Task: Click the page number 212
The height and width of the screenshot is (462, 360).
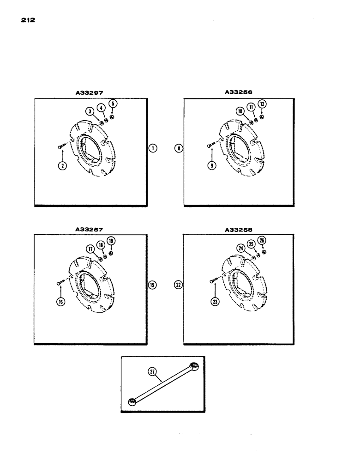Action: pyautogui.click(x=29, y=21)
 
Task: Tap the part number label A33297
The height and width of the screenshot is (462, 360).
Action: pyautogui.click(x=90, y=92)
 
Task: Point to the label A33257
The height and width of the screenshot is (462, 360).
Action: pyautogui.click(x=90, y=229)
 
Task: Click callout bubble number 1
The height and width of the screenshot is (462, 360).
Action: pyautogui.click(x=153, y=148)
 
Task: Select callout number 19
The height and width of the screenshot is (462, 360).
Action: pyautogui.click(x=111, y=240)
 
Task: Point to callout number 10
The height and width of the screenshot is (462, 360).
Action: pyautogui.click(x=240, y=111)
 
